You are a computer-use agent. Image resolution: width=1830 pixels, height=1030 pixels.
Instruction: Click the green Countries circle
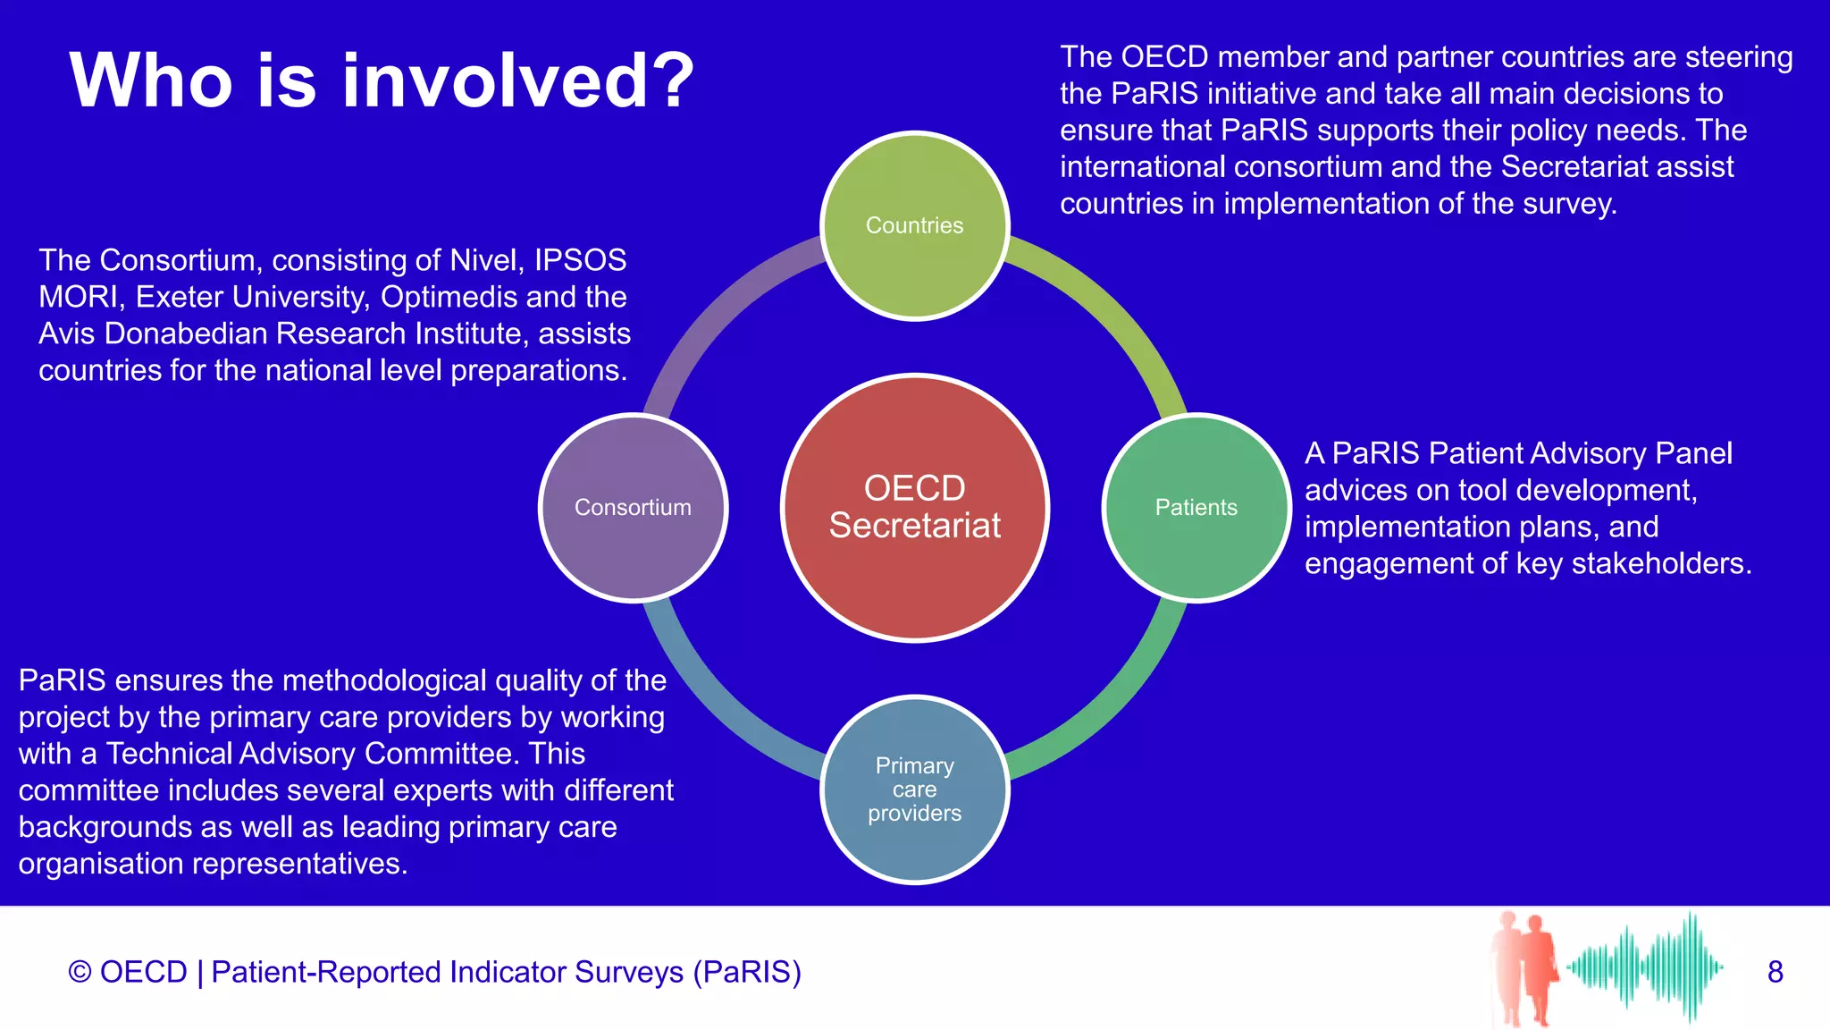914,225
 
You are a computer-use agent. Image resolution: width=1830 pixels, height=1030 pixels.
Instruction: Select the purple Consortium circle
633,507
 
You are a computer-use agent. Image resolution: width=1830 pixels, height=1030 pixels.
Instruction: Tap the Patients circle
1196,507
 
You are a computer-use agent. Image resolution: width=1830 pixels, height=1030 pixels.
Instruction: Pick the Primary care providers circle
914,789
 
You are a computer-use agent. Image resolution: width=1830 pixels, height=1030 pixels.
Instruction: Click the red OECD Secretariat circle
914,507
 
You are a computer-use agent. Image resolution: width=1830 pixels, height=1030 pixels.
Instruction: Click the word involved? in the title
518,80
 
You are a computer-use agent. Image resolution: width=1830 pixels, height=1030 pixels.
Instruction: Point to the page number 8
1775,972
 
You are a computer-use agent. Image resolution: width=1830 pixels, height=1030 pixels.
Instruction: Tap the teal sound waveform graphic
1644,967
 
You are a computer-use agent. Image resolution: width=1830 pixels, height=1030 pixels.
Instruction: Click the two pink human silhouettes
1524,967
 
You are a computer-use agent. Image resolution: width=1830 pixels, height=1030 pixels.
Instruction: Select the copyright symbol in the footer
80,972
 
